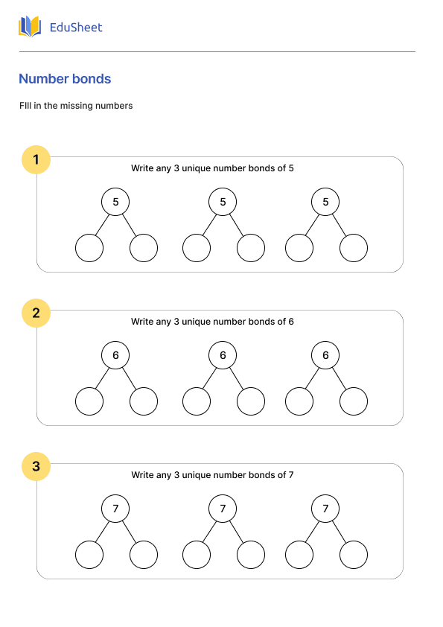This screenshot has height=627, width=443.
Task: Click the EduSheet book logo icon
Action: point(30,27)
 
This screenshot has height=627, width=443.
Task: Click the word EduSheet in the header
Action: point(76,28)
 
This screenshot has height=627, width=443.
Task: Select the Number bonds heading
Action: point(65,79)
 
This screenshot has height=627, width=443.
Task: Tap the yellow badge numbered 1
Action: point(36,159)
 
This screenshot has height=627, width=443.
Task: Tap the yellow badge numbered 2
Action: point(36,313)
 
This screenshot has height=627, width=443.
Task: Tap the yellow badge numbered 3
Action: point(36,467)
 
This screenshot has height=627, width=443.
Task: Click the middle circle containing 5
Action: point(223,202)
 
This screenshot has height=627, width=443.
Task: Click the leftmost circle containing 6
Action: point(115,355)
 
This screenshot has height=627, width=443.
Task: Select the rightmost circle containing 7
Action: point(325,509)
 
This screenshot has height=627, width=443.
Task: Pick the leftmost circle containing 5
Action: point(115,202)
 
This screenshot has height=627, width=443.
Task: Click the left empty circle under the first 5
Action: point(89,248)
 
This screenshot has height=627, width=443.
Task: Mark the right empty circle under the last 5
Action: point(354,248)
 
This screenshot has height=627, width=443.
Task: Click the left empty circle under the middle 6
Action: point(197,401)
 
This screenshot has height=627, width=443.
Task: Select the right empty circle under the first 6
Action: point(144,401)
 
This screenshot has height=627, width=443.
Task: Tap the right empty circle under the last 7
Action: point(354,555)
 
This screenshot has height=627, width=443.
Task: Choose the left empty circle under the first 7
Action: point(89,555)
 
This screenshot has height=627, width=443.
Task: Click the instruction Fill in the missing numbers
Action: point(76,106)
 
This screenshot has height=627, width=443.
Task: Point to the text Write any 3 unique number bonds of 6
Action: point(212,322)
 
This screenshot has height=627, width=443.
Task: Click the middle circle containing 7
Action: point(223,509)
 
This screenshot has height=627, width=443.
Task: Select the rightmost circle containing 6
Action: point(325,355)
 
